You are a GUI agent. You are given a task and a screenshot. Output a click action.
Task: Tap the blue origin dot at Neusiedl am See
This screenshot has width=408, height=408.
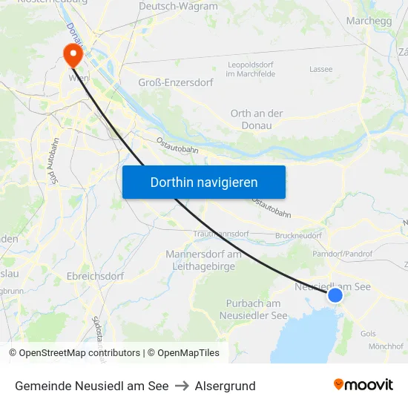pos(335,295)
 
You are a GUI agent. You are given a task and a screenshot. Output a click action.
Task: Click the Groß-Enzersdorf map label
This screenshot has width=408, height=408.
pos(176,82)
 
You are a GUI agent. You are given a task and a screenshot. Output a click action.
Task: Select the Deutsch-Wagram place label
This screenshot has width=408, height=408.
pos(178,7)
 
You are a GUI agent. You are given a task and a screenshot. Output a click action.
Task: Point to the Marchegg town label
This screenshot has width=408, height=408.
pos(369,21)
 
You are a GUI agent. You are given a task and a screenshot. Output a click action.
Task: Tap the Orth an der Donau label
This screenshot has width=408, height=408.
pos(257,119)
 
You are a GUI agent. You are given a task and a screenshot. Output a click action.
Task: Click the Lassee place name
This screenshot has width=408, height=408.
pos(321,69)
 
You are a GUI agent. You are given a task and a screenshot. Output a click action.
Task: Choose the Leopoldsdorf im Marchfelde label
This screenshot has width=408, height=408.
pos(251,70)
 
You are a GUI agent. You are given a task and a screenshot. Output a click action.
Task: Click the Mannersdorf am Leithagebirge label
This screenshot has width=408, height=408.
pos(203,260)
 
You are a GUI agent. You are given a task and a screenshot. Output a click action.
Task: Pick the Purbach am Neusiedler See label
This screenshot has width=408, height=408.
pos(254,309)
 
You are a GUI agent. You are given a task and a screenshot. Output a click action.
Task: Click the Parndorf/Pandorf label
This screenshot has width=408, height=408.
pos(343,254)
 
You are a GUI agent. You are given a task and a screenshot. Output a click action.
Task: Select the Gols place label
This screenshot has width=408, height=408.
pos(368,333)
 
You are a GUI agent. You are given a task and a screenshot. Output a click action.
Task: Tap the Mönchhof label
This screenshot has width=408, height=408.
pos(385,346)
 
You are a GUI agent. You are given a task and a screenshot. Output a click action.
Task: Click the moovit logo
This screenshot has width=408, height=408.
pos(363,385)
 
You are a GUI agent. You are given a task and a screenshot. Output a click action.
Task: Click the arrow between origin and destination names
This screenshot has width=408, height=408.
pos(182,386)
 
